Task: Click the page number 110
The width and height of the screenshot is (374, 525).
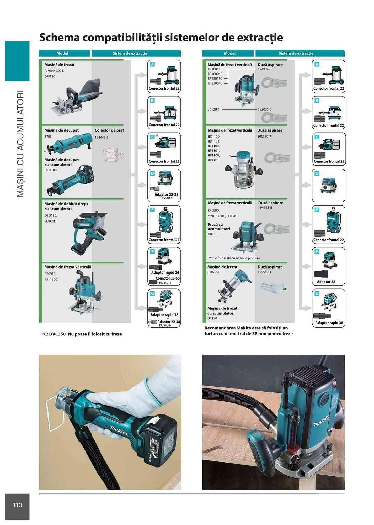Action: [17, 505]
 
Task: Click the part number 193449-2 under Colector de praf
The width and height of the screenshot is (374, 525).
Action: [101, 137]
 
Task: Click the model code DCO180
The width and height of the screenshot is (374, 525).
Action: [50, 170]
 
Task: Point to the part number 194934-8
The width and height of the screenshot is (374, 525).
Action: [264, 69]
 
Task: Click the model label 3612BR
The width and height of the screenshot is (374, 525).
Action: [213, 109]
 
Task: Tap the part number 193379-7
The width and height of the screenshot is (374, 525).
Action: [264, 137]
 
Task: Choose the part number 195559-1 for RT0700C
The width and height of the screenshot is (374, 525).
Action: [264, 272]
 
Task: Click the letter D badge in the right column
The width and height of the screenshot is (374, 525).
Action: [317, 174]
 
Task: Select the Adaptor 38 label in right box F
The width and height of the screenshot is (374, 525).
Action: [326, 282]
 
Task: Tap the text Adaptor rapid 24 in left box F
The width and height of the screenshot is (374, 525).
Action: [165, 272]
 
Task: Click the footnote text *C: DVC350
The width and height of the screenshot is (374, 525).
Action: [54, 334]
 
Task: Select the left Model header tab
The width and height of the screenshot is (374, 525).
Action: [62, 53]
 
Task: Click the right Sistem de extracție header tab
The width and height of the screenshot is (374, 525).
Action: [296, 53]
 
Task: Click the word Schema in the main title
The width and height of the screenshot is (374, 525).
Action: [59, 38]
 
